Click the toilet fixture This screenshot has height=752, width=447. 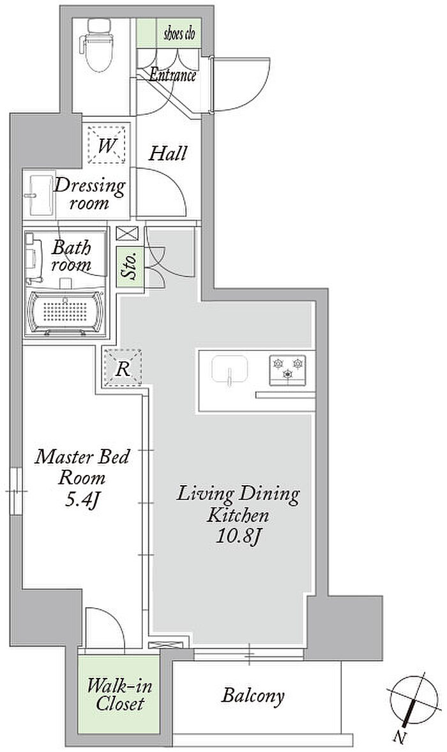(99, 45)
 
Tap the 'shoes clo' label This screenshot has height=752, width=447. (179, 34)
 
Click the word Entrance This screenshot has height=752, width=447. (172, 75)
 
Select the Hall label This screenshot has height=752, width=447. (167, 153)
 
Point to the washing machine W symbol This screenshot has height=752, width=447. (107, 145)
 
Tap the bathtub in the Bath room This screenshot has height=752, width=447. (66, 313)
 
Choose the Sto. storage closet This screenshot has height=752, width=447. (130, 267)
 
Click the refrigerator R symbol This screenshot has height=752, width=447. (123, 368)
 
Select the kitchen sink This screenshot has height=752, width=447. (230, 370)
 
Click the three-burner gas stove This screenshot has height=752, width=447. (287, 370)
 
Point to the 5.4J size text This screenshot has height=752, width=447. (82, 500)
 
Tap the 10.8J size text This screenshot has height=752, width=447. (238, 536)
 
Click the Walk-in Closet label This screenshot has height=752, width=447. (119, 695)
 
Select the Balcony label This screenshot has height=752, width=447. (253, 695)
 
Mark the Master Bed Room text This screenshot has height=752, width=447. (82, 467)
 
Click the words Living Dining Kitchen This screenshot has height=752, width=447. (238, 504)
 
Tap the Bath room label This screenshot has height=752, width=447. (72, 256)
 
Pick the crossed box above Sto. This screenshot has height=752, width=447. (127, 234)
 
